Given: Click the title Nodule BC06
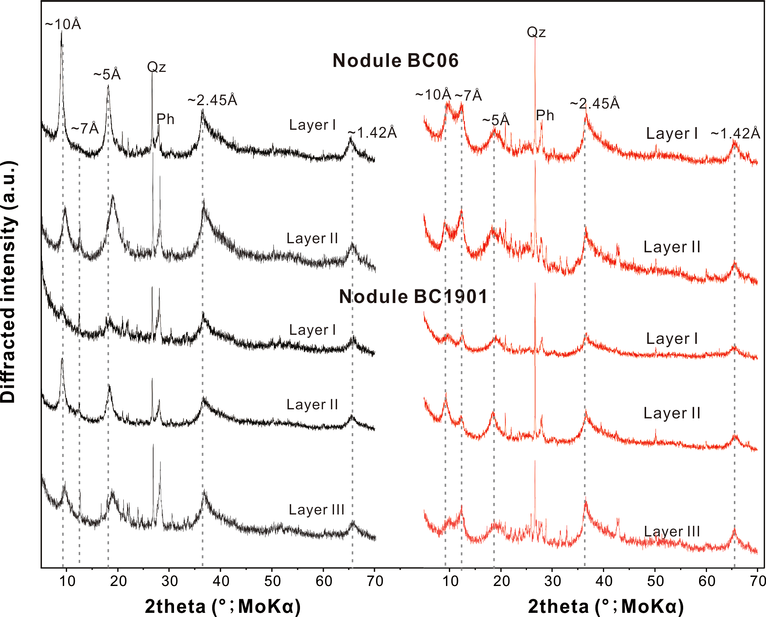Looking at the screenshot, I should click(395, 61).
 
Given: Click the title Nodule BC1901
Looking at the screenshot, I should click(413, 296).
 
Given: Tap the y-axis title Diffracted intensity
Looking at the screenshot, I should click(8, 282).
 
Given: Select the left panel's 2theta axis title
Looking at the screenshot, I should click(222, 606).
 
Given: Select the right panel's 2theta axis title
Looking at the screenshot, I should click(606, 606).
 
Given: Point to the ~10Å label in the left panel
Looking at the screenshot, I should click(63, 24).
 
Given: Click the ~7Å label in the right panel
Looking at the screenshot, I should click(468, 95).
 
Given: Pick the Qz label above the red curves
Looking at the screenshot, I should click(536, 32).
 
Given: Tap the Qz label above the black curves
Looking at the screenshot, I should click(156, 67).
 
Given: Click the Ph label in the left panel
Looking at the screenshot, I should click(165, 119).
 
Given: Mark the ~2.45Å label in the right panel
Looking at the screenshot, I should click(595, 103).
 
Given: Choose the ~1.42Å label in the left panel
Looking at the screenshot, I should click(372, 132).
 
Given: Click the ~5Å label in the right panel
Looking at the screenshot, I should click(496, 120).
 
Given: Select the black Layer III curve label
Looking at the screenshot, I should click(317, 510).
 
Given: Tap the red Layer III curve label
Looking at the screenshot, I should click(672, 532).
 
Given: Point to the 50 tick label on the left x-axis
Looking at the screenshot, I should click(272, 581).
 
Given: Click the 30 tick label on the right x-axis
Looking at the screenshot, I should click(552, 581).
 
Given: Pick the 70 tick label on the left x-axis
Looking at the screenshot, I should click(375, 581).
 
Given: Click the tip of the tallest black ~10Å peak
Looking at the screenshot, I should click(61, 32).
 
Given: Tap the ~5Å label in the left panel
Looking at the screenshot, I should click(107, 75).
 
